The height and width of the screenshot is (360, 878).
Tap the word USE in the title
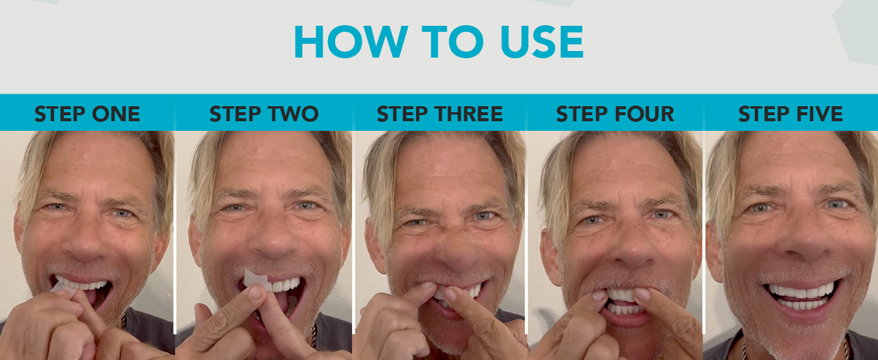pos(543,42)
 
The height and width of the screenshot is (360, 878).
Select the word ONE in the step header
pos(116,114)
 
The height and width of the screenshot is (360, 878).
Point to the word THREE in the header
pos(468,114)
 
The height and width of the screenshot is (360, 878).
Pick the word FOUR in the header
pos(644,114)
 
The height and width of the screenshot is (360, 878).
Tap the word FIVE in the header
pos(816,114)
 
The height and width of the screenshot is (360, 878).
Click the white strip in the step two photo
pos(255,278)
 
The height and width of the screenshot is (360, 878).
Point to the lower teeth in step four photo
pos(625,310)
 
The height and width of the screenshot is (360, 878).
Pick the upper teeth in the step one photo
pos(82,284)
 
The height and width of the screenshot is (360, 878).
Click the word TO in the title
pos(453,42)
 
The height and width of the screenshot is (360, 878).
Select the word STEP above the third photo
pos(403,114)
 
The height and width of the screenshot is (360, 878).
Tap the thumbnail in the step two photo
pos(255,292)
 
